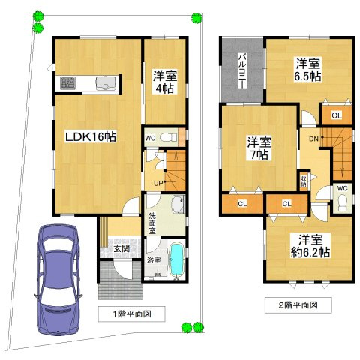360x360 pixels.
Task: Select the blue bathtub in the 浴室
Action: [176, 259]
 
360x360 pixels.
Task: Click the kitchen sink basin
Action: [106, 83]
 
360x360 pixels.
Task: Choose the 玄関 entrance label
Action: [121, 248]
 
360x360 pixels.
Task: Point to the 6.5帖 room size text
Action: [307, 76]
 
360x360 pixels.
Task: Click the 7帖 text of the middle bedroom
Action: [259, 155]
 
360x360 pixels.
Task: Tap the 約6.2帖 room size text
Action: [310, 253]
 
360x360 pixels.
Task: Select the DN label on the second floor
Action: [313, 138]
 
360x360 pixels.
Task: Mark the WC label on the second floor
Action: [342, 188]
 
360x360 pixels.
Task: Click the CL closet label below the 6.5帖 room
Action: [336, 115]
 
